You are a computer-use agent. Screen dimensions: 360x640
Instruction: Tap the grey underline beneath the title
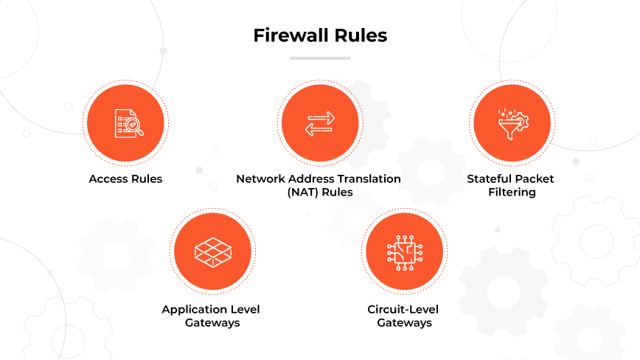point(320,58)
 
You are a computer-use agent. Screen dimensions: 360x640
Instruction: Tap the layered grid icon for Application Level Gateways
point(211,251)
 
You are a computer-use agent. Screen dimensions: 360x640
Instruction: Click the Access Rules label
point(125,179)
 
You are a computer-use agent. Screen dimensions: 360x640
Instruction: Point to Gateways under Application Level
point(212,323)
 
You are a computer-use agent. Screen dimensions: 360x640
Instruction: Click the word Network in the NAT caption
point(259,179)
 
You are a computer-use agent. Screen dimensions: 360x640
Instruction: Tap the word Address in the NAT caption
point(310,179)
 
